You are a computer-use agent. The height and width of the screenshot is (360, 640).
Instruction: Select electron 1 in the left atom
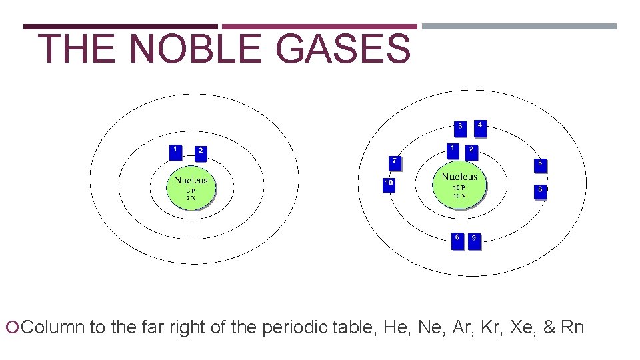tap(176, 153)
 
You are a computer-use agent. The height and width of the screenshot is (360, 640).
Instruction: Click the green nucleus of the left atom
tap(191, 188)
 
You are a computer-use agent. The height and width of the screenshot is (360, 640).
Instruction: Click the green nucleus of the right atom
tap(459, 186)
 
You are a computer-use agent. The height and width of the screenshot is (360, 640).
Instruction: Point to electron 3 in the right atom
tap(460, 128)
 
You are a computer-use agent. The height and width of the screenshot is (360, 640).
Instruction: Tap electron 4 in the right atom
tap(480, 127)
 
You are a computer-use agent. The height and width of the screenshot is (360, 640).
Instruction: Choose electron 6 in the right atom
tap(457, 240)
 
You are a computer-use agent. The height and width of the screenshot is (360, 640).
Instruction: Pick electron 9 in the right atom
tap(474, 241)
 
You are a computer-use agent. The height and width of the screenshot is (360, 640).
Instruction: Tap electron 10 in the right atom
tap(389, 185)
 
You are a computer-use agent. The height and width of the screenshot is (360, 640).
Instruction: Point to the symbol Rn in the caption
tap(572, 328)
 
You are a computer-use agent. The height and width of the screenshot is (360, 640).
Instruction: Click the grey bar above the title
tap(519, 27)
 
